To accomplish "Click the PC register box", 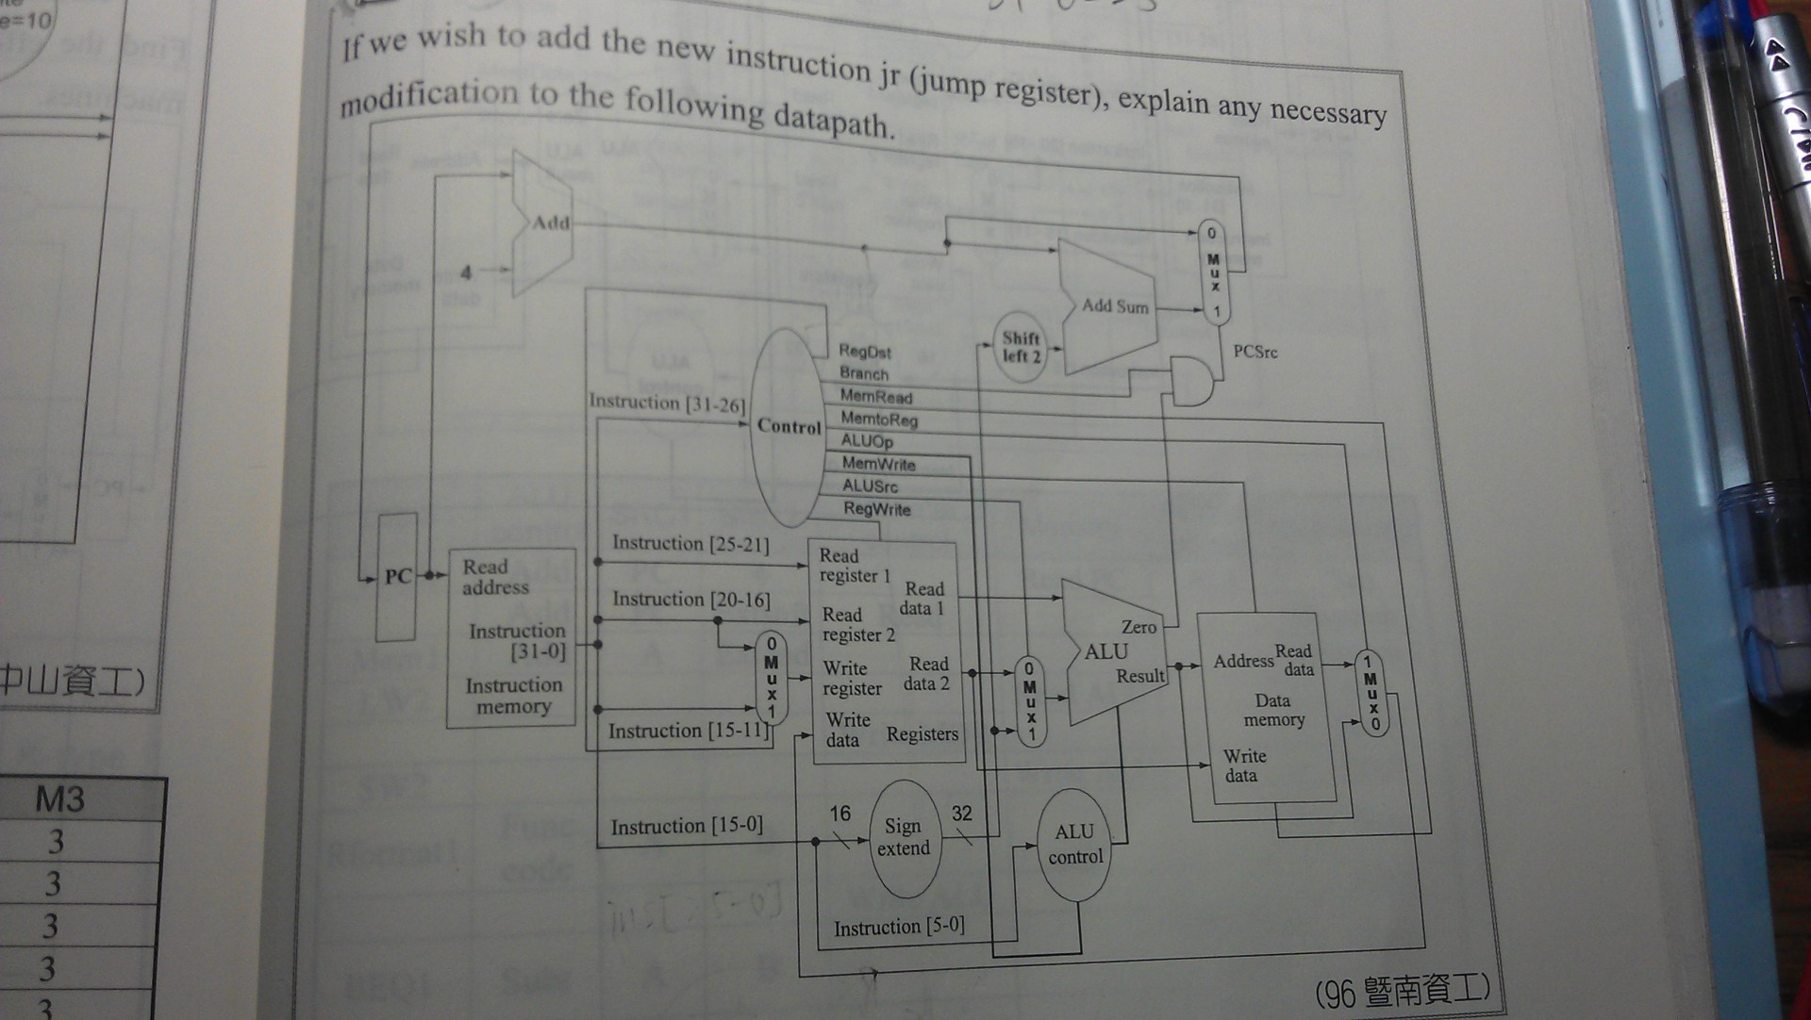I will point(397,577).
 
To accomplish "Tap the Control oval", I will point(789,426).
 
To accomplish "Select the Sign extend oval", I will point(904,837).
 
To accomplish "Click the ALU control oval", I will point(1075,844).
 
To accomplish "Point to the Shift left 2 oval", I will point(1022,347).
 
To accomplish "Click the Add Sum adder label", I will point(1115,306).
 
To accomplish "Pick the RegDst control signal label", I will point(865,352).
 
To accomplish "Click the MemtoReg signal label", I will point(878,419).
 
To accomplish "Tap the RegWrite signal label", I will point(876,509).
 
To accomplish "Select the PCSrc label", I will point(1254,352).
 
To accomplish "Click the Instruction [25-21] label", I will point(690,544).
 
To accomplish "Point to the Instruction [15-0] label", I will point(686,827).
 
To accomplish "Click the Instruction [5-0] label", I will point(899,927).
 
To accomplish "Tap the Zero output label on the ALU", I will point(1138,627).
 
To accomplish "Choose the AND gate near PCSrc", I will point(1190,381).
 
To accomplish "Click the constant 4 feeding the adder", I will point(466,272).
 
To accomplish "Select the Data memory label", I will point(1273,710).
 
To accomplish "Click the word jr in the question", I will point(889,75).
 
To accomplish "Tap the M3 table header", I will point(60,799).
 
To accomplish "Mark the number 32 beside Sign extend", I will point(961,814).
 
